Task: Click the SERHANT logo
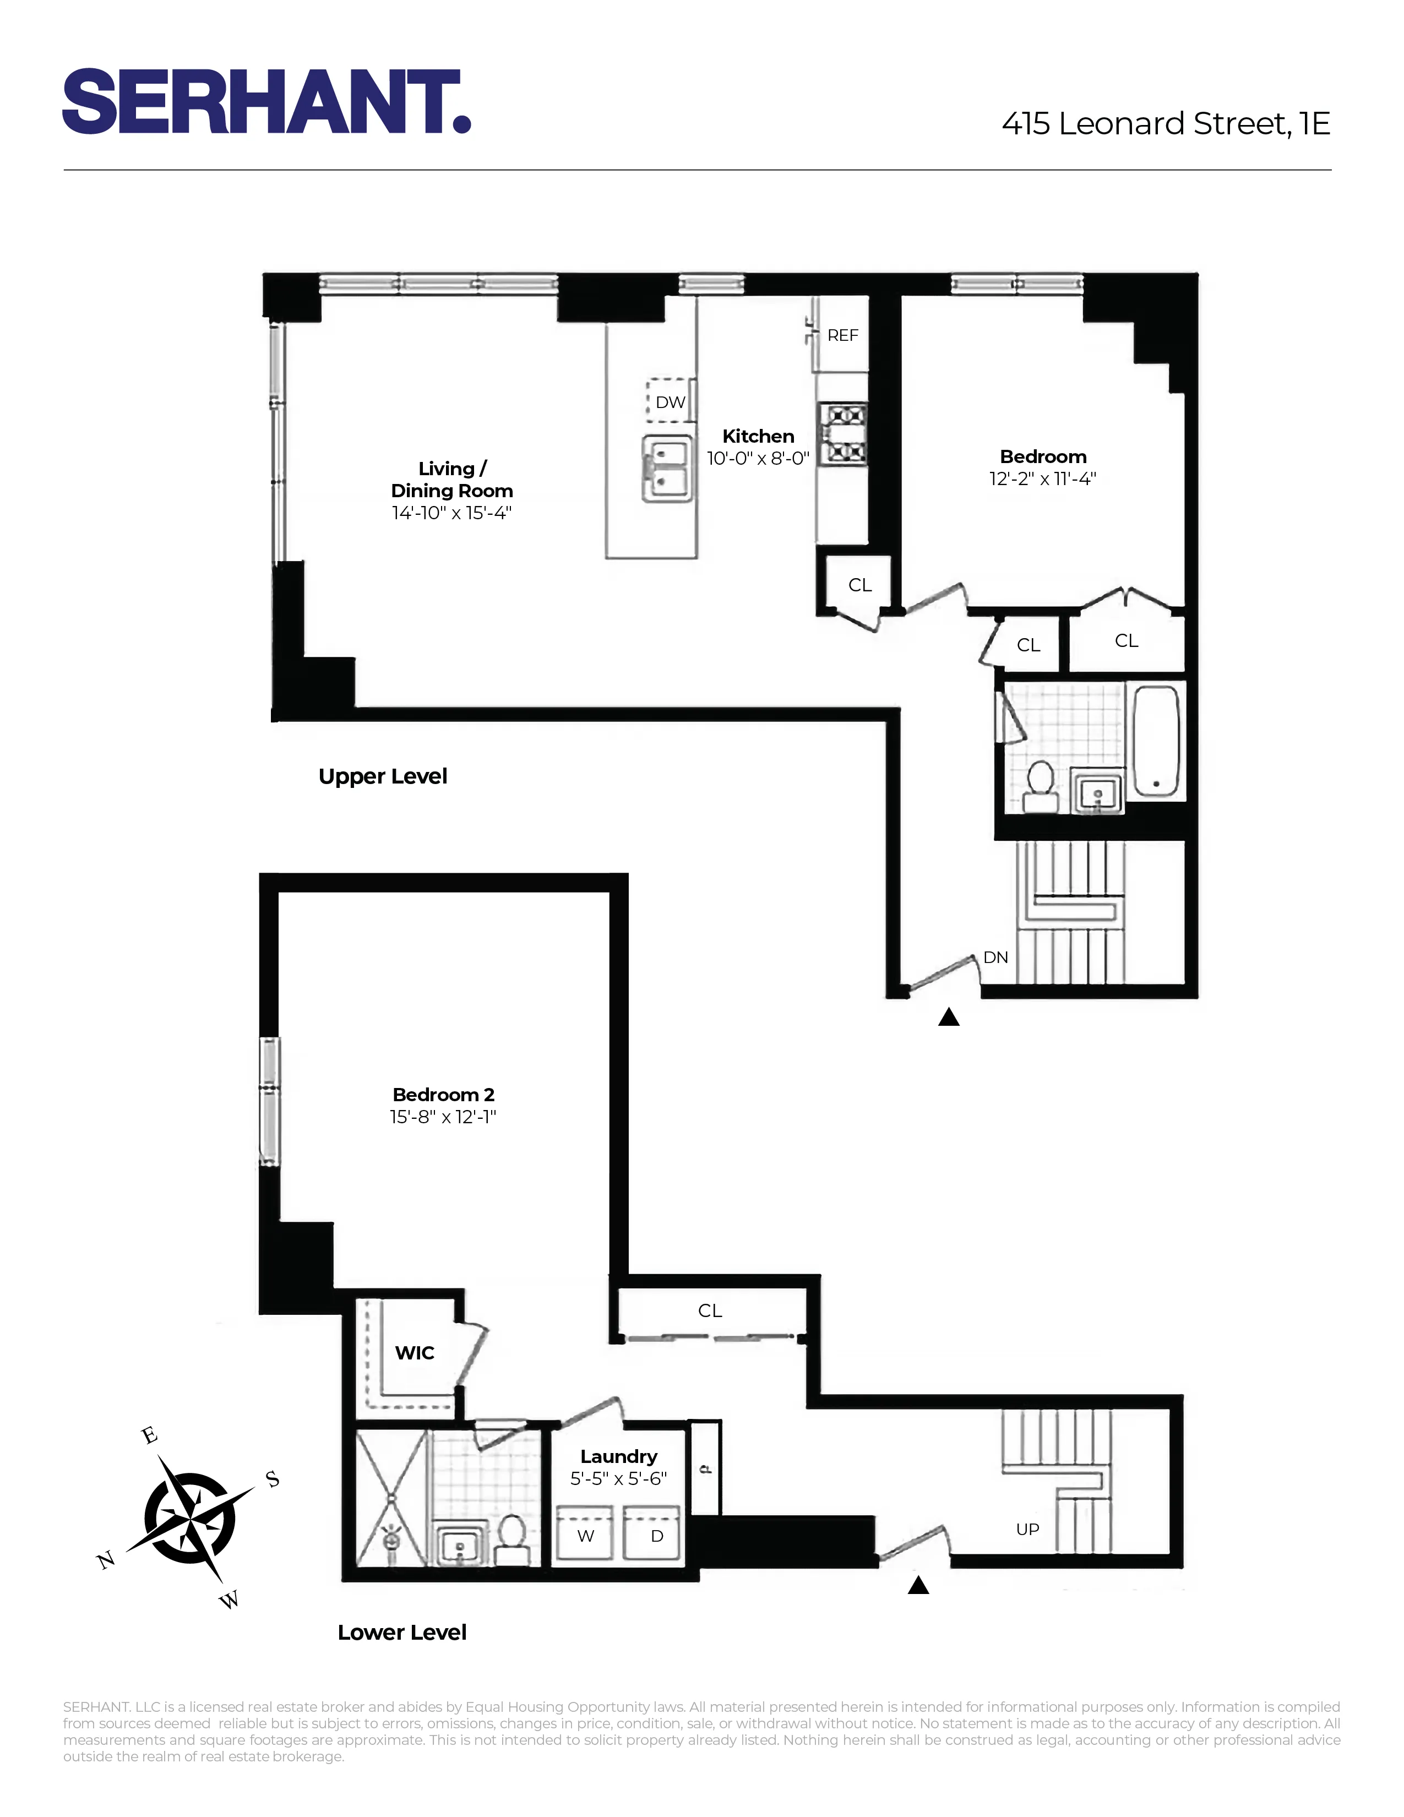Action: coord(266,101)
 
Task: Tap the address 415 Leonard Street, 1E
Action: coord(1165,124)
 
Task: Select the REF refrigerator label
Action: coord(842,335)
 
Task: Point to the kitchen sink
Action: coord(667,469)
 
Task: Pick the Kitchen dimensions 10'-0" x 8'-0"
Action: coord(758,459)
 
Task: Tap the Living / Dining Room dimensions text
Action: coord(451,513)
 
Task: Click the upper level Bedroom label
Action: coord(1043,457)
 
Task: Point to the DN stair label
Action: coord(995,958)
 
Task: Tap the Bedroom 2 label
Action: coord(443,1095)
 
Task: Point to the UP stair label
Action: coord(1027,1529)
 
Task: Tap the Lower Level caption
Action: coord(402,1633)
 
